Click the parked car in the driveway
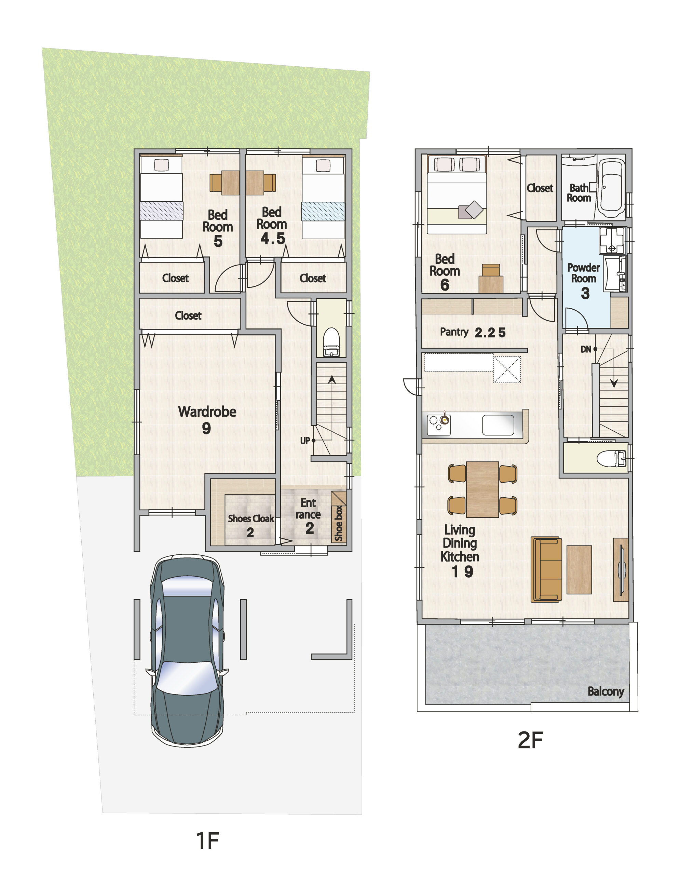pos(187,652)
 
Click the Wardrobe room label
pos(207,412)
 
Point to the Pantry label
pos(454,332)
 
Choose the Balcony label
pos(606,691)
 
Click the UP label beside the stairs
pos(305,441)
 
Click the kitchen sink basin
pos(498,425)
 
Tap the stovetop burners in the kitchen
pos(438,424)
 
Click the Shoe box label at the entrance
pos(339,523)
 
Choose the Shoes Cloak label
pos(251,519)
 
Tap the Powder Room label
pos(584,273)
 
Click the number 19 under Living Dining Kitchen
pos(463,572)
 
